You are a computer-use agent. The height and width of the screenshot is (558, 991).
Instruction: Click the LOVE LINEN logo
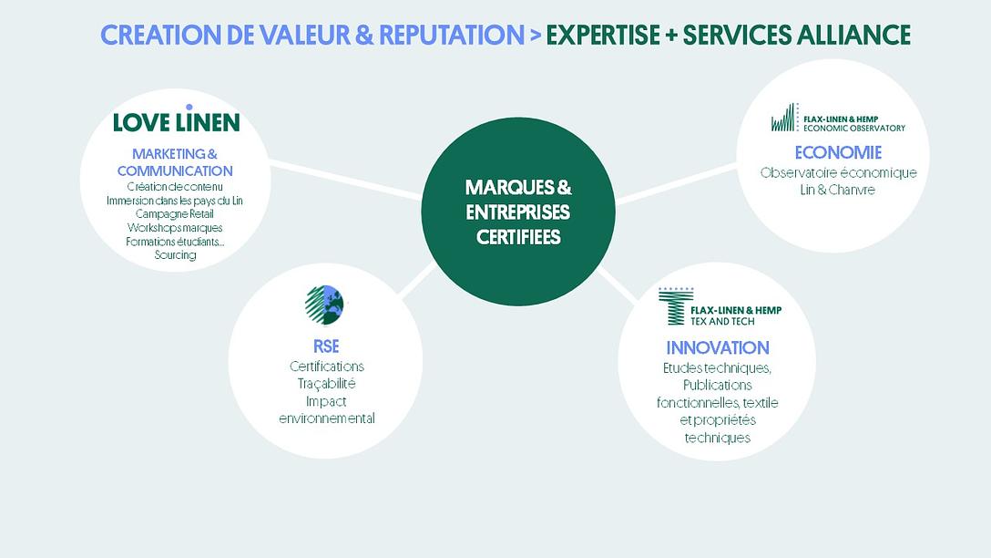(x=176, y=121)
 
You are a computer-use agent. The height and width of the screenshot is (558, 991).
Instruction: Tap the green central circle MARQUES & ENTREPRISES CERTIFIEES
(x=518, y=212)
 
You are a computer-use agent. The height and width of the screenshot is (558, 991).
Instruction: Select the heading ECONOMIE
(x=838, y=152)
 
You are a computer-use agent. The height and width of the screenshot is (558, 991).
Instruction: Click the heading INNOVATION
(x=718, y=347)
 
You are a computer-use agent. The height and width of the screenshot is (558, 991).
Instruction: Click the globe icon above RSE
(x=324, y=305)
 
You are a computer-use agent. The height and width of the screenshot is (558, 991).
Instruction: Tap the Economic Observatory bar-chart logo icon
(x=783, y=119)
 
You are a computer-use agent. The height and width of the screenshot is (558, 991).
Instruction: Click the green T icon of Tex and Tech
(x=674, y=306)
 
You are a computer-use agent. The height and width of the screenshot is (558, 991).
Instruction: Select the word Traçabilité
(x=326, y=384)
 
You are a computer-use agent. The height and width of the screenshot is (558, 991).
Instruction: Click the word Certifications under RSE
(x=326, y=367)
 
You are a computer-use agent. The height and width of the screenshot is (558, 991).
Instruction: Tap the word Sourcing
(x=175, y=255)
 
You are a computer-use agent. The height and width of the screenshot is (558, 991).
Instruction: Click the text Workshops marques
(x=175, y=227)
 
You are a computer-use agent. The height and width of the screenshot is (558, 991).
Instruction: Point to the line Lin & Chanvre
(x=838, y=190)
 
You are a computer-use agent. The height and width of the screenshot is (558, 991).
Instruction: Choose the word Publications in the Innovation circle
(x=718, y=385)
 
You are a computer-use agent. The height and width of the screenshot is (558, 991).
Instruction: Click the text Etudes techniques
(x=718, y=367)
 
